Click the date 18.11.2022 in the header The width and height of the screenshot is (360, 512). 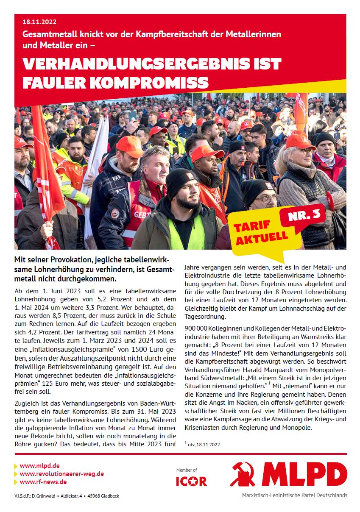39,22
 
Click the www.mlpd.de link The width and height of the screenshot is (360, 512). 39,466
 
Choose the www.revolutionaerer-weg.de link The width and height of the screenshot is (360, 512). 61,474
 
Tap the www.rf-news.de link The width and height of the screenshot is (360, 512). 43,482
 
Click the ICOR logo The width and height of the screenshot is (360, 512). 191,481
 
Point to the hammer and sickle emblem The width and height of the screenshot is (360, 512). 243,474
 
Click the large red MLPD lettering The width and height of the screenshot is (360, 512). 304,474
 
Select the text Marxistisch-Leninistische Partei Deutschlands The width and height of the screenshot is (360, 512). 294,495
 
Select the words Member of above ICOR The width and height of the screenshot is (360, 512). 187,470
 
